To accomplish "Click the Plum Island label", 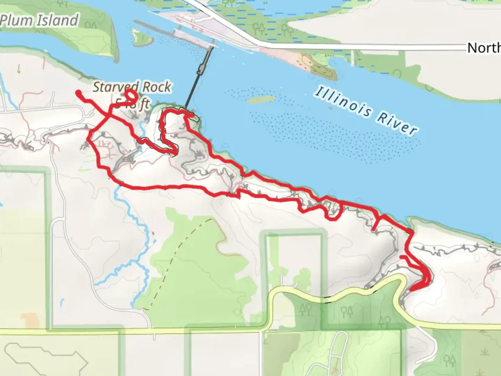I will pyautogui.click(x=39, y=20).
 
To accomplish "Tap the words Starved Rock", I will pyautogui.click(x=132, y=87).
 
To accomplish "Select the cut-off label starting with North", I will pyautogui.click(x=484, y=48).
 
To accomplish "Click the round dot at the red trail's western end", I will pyautogui.click(x=79, y=93).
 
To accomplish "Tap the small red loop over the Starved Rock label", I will pyautogui.click(x=131, y=94).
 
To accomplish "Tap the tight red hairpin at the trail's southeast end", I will pyautogui.click(x=426, y=279).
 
